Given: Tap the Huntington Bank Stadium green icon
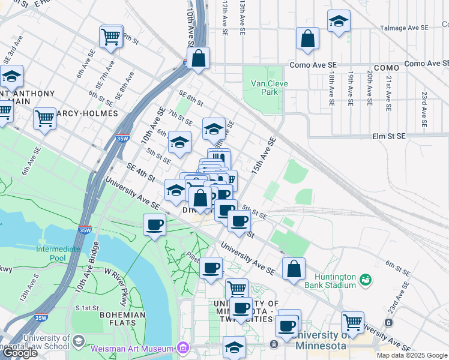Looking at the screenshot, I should pos(364,280).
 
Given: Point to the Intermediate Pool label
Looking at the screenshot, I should pos(58,253).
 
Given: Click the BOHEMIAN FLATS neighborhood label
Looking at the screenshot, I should pos(122,319).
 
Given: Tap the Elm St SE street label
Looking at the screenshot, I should pos(388,136).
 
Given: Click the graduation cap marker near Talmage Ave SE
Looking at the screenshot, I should pos(339,22).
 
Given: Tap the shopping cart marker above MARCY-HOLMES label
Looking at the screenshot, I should pos(44,118).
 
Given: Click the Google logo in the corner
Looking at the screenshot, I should pos(19,353).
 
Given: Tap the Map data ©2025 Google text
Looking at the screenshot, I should pos(411,355).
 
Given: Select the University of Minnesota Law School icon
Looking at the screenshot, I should pos(77,341).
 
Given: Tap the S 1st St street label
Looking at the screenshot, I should pos(87,308).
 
